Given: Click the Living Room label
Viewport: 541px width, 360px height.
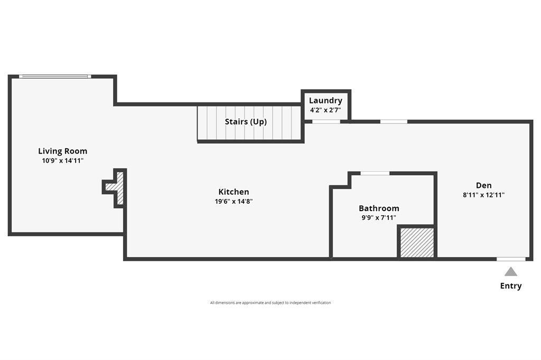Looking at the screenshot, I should point(62,151).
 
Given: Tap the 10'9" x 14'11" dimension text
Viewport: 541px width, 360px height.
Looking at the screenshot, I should point(62,160).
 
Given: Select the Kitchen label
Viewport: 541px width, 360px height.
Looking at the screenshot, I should point(234,192).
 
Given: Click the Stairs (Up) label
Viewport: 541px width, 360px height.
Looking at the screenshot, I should point(246,122).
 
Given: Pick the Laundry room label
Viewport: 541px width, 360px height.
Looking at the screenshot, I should point(325,101).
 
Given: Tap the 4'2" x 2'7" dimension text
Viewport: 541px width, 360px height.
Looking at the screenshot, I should point(325,110).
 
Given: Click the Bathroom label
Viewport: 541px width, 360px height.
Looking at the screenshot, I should point(379,209).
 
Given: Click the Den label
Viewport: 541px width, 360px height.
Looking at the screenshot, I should point(483,185).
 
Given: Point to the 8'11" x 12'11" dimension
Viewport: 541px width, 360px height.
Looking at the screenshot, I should point(483,195).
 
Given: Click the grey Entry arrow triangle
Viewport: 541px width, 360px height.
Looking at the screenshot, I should point(510,272).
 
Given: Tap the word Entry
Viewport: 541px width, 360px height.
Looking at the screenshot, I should point(510,286).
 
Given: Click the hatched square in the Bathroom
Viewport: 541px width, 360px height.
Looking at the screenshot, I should point(417,243).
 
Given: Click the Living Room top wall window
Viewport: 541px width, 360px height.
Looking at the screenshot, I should point(55,77).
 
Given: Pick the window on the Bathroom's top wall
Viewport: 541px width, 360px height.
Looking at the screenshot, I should point(375,173).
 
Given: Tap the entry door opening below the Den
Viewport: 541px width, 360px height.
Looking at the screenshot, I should point(511,259).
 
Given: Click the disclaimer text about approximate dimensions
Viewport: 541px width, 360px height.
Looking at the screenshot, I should point(270,303).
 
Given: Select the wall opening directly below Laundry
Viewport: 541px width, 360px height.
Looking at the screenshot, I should point(326,122).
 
